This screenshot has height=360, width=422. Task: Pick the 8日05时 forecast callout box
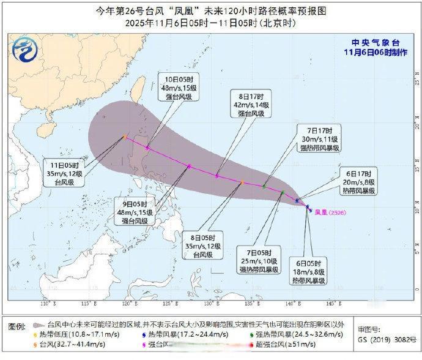tap(202, 245)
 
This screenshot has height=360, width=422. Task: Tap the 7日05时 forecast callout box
tap(262, 260)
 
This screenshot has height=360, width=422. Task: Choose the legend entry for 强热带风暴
tap(288, 335)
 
